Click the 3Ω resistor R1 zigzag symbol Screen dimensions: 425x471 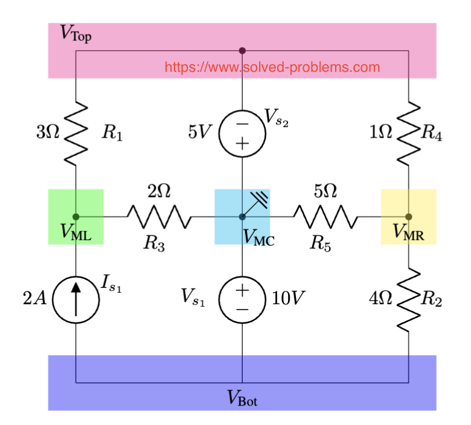[x=76, y=133]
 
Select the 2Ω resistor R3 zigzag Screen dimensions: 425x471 [x=159, y=216]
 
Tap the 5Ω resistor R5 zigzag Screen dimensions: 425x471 [x=325, y=216]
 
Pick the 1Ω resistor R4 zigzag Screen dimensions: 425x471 [x=409, y=133]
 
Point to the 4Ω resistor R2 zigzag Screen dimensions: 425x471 [x=409, y=299]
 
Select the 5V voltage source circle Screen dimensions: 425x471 [x=242, y=133]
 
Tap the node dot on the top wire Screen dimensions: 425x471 [x=242, y=51]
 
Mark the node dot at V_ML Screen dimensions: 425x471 [x=76, y=216]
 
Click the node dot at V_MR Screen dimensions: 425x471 [x=409, y=216]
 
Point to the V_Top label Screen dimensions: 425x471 [x=76, y=33]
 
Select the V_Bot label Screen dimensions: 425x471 [x=242, y=398]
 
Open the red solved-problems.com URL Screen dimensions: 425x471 [x=272, y=67]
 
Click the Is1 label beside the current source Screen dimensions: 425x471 [x=111, y=284]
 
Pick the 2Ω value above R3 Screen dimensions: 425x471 [x=159, y=191]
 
